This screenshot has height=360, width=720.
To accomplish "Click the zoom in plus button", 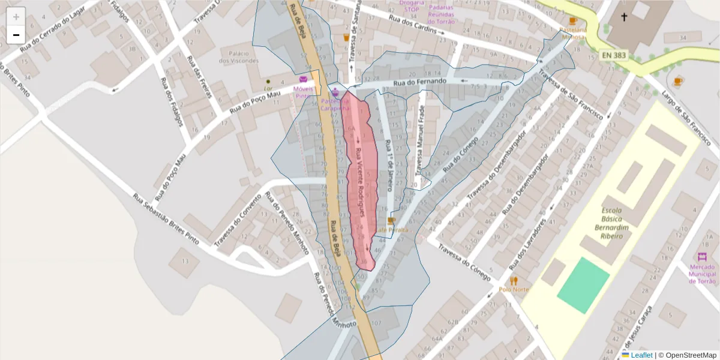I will click(x=16, y=17).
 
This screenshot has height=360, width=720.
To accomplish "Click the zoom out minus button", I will click(x=16, y=35).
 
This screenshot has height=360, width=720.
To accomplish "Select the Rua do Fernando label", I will click(x=420, y=82).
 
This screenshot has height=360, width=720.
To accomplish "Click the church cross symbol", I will click(x=624, y=17).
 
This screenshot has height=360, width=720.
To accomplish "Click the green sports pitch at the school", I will click(x=583, y=285).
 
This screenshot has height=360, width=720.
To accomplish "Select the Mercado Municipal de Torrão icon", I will click(x=703, y=257).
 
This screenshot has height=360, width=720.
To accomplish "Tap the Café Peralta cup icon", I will click(x=391, y=221).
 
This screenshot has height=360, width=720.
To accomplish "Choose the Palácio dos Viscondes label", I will click(x=239, y=56).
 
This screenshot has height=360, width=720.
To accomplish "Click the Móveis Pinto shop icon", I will click(x=304, y=80).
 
